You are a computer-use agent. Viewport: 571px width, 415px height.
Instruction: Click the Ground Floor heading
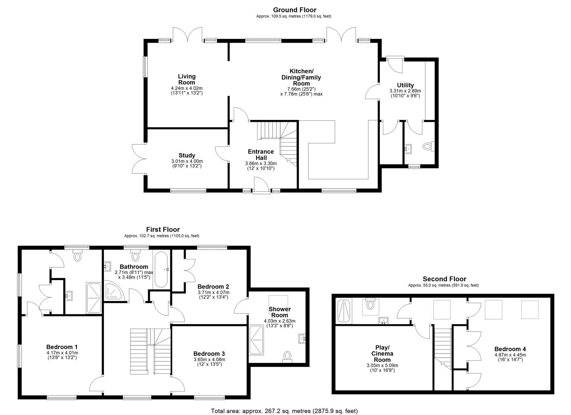tap(295, 10)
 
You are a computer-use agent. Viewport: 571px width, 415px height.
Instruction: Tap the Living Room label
tap(186, 80)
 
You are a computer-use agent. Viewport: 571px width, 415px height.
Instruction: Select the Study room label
tap(187, 155)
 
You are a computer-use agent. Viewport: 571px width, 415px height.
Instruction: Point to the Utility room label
tap(405, 85)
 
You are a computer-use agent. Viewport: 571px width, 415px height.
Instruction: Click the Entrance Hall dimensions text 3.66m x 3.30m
tap(261, 164)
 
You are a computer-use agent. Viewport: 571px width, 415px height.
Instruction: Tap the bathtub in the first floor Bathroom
tap(161, 269)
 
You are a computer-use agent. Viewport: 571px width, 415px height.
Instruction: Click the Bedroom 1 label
tap(62, 347)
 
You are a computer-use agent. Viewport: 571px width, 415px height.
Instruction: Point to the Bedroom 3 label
tap(209, 354)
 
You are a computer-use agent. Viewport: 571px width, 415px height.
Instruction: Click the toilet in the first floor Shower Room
tap(287, 357)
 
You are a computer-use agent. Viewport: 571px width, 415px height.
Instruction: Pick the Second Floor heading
tap(444, 279)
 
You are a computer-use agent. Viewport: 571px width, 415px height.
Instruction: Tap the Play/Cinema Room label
tap(382, 354)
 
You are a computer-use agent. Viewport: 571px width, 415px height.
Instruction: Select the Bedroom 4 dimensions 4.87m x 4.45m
tap(510, 355)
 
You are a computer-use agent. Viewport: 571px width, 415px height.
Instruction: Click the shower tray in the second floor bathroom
tap(344, 311)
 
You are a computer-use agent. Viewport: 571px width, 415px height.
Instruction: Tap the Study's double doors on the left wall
tap(139, 159)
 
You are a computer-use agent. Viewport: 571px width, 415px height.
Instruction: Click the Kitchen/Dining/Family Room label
tap(301, 77)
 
